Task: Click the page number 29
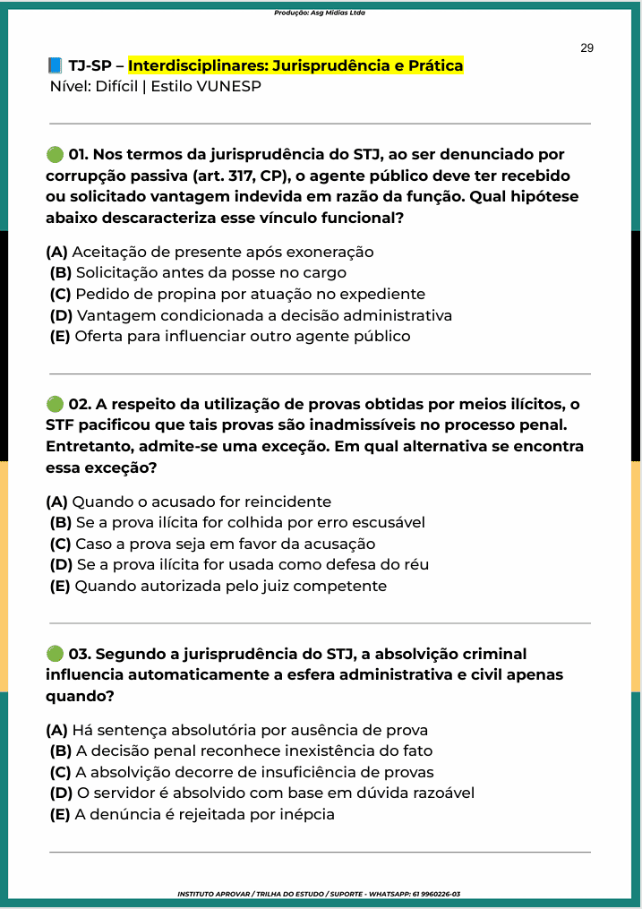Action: pos(586,48)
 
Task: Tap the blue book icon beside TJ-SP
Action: pos(55,66)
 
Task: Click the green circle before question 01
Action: pos(55,155)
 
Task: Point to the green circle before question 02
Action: pos(55,405)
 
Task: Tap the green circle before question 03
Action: pos(55,654)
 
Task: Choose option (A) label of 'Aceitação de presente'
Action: pos(56,253)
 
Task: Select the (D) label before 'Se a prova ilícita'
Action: pos(62,565)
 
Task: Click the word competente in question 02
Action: pos(341,587)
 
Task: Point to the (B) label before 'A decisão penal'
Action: pos(61,751)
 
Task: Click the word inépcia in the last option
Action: pos(305,815)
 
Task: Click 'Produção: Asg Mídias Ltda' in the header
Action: pos(320,13)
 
